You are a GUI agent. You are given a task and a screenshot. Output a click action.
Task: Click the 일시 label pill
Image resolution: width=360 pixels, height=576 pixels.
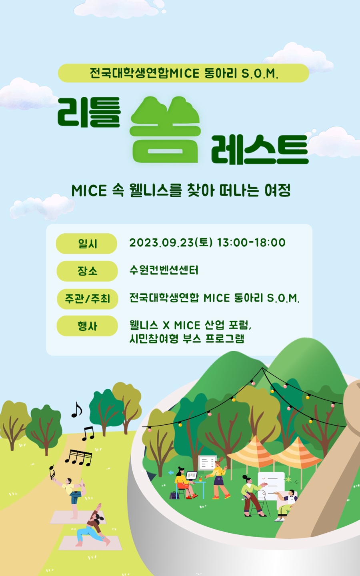pyautogui.click(x=87, y=244)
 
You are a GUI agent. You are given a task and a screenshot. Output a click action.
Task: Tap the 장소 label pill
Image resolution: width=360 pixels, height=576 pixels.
pyautogui.click(x=87, y=271)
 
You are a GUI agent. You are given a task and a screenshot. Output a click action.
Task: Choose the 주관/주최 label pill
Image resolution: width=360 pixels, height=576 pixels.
pyautogui.click(x=88, y=299)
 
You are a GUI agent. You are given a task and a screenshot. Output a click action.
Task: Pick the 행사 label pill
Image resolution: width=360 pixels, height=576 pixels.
pyautogui.click(x=87, y=326)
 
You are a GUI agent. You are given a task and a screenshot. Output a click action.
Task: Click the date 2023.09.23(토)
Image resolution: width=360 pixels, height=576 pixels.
pyautogui.click(x=171, y=242)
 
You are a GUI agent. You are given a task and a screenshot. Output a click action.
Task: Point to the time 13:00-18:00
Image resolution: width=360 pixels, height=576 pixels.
pyautogui.click(x=252, y=242)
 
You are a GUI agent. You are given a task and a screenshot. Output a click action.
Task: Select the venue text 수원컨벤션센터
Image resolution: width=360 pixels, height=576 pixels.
pyautogui.click(x=164, y=270)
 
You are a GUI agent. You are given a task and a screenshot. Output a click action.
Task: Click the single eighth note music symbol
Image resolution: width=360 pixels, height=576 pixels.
pyautogui.click(x=76, y=410)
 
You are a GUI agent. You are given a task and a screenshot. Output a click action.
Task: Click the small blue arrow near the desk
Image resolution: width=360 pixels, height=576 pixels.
pyautogui.click(x=171, y=473)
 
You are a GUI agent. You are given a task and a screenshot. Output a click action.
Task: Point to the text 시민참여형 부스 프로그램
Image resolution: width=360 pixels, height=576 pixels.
pyautogui.click(x=187, y=339)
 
